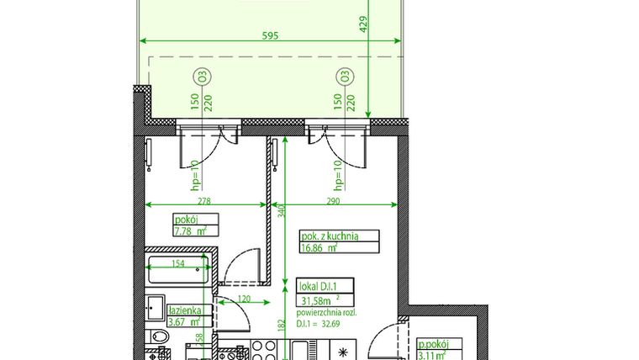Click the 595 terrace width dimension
click(x=270, y=35)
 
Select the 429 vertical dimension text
click(x=364, y=24)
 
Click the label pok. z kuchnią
click(x=329, y=236)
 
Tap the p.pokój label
click(x=435, y=344)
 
